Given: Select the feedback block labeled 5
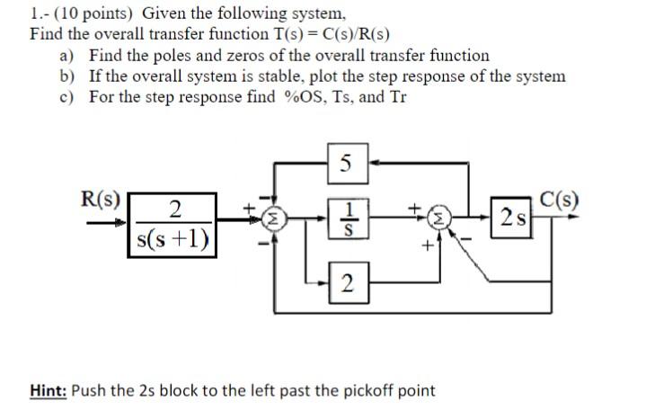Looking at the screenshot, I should (347, 164).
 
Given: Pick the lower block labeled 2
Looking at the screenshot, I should (347, 285).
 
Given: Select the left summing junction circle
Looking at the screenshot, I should (275, 218).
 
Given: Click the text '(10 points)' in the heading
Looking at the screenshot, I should (91, 13).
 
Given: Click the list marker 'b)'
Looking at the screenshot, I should (67, 76).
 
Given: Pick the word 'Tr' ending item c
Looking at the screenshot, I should (397, 96).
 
